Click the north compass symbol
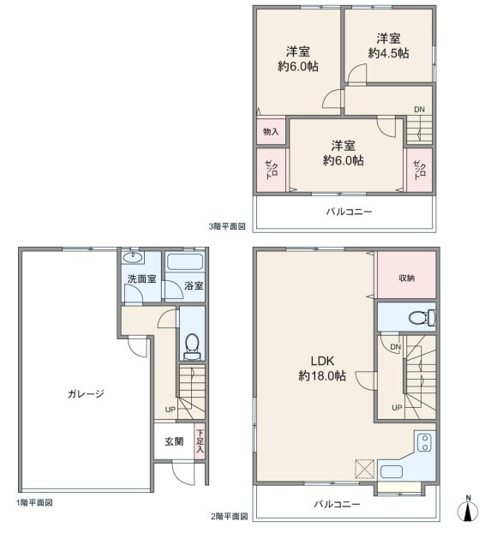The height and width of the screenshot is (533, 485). click(468, 509)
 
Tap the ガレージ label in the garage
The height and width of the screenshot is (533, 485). click(86, 394)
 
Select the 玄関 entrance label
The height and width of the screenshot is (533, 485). click(174, 441)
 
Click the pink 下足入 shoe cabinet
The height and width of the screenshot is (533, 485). click(200, 441)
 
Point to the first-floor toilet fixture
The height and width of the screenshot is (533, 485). click(192, 346)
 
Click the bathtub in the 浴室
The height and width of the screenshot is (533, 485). click(185, 262)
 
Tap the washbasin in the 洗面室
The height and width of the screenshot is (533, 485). click(133, 257)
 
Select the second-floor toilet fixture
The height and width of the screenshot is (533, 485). click(422, 318)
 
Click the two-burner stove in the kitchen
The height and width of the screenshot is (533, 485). click(424, 442)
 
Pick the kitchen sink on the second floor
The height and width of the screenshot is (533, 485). click(392, 471)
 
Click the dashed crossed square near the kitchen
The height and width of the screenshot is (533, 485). click(365, 469)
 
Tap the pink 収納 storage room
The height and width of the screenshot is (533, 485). click(406, 275)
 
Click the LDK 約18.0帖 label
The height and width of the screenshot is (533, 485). click(322, 368)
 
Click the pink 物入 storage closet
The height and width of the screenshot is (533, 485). click(271, 131)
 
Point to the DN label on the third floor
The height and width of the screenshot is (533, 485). click(419, 110)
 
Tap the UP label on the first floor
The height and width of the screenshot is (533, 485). click(171, 410)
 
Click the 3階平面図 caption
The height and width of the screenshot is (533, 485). click(227, 226)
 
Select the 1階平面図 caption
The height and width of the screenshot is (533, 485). click(34, 503)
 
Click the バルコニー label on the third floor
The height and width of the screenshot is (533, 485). click(350, 212)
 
